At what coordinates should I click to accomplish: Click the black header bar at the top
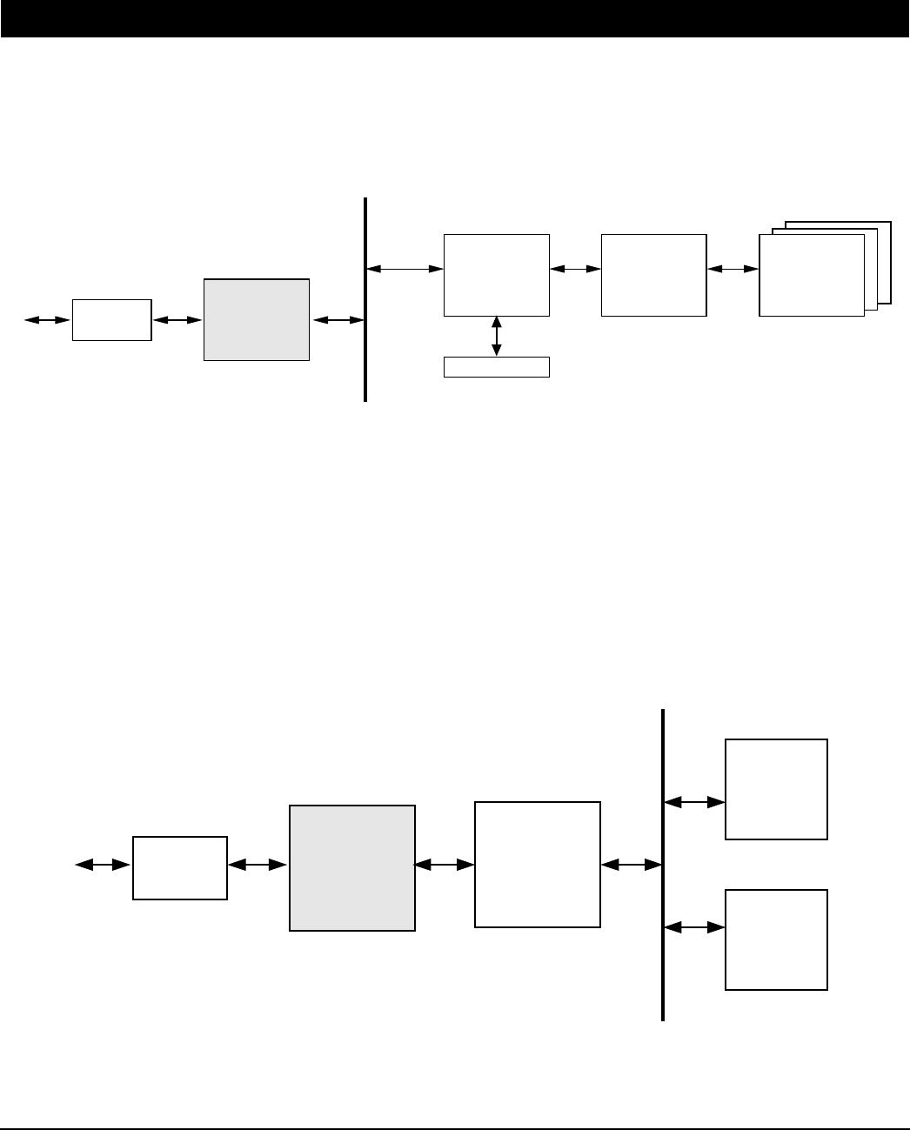pyautogui.click(x=455, y=18)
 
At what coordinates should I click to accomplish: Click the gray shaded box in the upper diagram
pyautogui.click(x=256, y=319)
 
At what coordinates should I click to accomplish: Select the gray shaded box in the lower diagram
pyautogui.click(x=351, y=867)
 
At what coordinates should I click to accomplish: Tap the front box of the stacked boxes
pyautogui.click(x=811, y=274)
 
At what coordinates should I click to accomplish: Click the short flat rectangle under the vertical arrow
pyautogui.click(x=496, y=366)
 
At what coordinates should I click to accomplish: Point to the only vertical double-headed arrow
pyautogui.click(x=497, y=336)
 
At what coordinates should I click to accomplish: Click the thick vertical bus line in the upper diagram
pyautogui.click(x=365, y=299)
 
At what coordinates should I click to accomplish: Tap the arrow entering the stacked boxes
pyautogui.click(x=733, y=270)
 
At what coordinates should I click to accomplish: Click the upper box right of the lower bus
pyautogui.click(x=776, y=789)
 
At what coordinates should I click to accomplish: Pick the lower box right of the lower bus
pyautogui.click(x=776, y=939)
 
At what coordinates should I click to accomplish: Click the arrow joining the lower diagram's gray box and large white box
pyautogui.click(x=445, y=865)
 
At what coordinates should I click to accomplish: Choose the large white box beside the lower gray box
pyautogui.click(x=537, y=864)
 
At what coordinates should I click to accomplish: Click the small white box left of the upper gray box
pyautogui.click(x=111, y=319)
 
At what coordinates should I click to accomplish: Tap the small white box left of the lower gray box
pyautogui.click(x=179, y=867)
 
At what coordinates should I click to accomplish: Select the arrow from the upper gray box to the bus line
pyautogui.click(x=338, y=320)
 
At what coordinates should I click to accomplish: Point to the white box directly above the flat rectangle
pyautogui.click(x=496, y=274)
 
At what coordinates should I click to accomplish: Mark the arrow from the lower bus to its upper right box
pyautogui.click(x=694, y=801)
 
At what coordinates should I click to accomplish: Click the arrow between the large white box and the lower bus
pyautogui.click(x=632, y=865)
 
